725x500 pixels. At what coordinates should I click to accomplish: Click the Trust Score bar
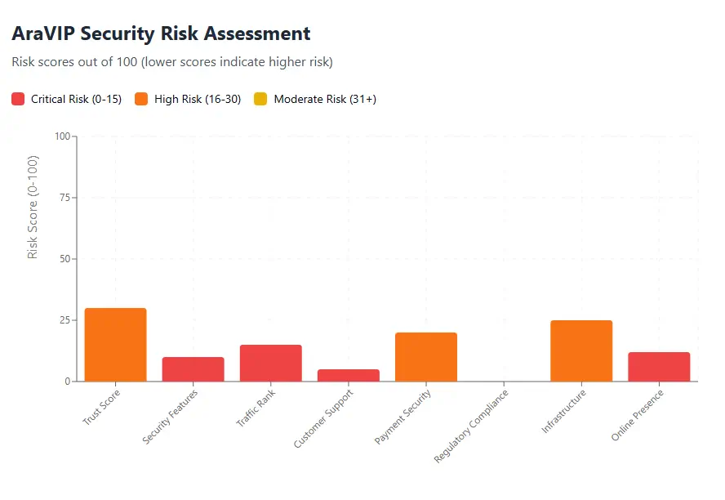coord(115,345)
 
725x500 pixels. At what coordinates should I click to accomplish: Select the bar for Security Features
coord(193,369)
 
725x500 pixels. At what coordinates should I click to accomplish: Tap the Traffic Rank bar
coord(270,363)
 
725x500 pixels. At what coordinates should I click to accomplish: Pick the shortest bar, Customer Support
coord(348,375)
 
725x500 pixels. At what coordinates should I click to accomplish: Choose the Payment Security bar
coord(425,357)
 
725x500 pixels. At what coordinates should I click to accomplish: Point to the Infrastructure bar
coord(580,350)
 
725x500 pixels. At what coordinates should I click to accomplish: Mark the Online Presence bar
coord(658,367)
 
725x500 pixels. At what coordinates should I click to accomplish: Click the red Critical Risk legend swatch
coord(19,99)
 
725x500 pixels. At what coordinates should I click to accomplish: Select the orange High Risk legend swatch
coord(141,99)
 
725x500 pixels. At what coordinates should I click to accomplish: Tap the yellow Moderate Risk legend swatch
coord(261,99)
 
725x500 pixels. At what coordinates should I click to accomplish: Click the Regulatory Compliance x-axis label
coord(473,426)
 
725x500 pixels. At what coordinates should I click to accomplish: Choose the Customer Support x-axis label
coord(324,418)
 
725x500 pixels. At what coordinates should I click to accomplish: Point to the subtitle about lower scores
coord(172,62)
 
